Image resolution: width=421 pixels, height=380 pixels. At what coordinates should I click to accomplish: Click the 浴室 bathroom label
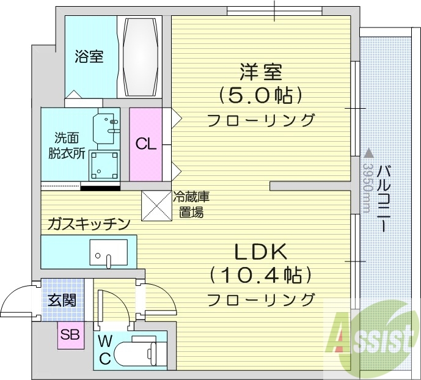[x=89, y=57]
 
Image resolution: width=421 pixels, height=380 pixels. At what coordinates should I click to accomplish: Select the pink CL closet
[x=145, y=144]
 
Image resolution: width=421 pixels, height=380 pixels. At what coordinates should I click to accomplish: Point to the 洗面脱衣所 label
[x=66, y=145]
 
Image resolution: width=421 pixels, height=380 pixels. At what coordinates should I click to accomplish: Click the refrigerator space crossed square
[x=156, y=206]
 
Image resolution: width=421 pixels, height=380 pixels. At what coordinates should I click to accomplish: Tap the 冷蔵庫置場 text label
[x=191, y=205]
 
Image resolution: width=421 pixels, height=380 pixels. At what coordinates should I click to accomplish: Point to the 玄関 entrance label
[x=62, y=301]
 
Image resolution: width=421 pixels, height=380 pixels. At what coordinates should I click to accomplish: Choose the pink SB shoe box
[x=70, y=335]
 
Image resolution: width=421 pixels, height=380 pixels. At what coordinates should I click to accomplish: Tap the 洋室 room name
[x=261, y=72]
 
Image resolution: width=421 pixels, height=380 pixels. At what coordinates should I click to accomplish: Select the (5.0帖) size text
[x=261, y=95]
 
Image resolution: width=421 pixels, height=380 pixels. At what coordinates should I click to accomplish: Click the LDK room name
[x=262, y=252]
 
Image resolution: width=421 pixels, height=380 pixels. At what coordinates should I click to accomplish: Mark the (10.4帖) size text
[x=261, y=276]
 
